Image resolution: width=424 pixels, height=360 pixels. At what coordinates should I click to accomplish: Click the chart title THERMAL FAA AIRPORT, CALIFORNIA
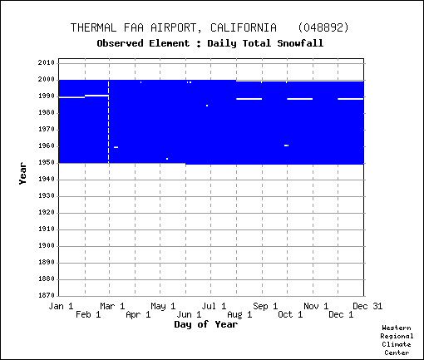click(x=174, y=28)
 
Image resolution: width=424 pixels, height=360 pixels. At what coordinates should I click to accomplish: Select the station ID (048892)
click(x=323, y=27)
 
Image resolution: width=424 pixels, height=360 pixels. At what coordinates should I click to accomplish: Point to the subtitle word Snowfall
click(x=300, y=43)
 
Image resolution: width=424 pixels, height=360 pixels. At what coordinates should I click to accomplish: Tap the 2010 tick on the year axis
click(x=47, y=63)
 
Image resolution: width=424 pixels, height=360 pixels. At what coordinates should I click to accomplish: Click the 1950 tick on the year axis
click(x=47, y=163)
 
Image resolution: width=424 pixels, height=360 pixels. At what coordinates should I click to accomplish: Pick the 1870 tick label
click(x=47, y=295)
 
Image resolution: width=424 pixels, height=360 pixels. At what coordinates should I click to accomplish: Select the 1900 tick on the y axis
click(x=47, y=246)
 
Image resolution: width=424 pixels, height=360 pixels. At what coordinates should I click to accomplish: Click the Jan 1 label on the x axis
click(x=61, y=306)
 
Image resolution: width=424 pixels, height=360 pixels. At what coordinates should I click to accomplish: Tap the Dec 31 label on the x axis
click(x=367, y=306)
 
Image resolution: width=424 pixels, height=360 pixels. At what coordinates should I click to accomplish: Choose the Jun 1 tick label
click(x=189, y=315)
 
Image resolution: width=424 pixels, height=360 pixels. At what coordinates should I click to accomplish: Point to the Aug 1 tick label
click(x=239, y=315)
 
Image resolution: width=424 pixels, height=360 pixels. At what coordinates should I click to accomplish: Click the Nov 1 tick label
click(x=316, y=306)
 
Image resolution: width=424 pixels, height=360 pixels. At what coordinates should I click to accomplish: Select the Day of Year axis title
click(x=206, y=324)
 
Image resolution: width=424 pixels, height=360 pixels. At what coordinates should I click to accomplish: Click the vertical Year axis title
click(x=22, y=174)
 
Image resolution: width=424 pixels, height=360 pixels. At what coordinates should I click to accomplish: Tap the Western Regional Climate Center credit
click(x=397, y=340)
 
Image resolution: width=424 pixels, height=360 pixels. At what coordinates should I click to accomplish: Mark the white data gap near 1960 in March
click(x=116, y=147)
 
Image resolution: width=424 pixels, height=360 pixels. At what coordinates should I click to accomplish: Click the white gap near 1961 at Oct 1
click(x=287, y=145)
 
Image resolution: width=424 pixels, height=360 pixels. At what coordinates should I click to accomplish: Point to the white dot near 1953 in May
click(x=167, y=159)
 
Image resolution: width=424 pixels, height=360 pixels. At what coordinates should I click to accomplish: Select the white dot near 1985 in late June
click(x=207, y=106)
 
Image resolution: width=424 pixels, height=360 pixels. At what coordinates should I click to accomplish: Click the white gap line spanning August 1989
click(x=249, y=99)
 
